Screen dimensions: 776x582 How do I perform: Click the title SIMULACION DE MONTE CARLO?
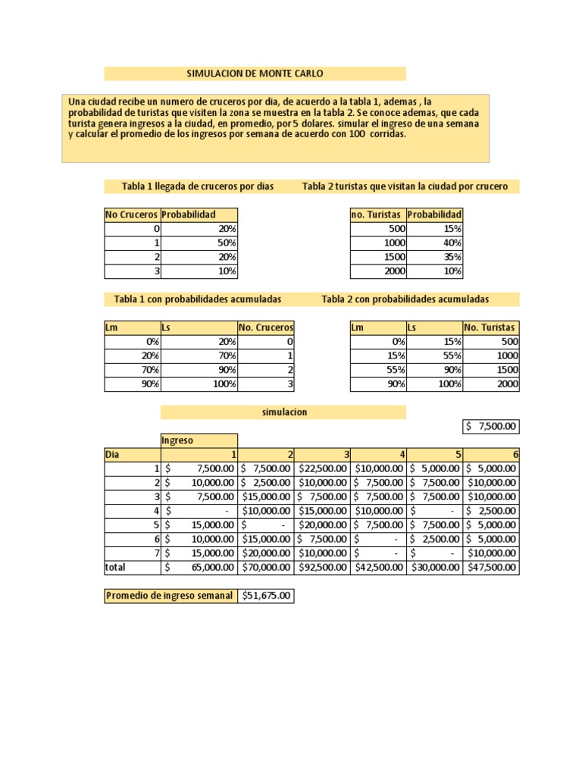pos(255,74)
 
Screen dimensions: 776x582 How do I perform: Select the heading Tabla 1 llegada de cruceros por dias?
pos(198,186)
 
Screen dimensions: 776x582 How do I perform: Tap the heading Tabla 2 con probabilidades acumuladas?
pos(405,299)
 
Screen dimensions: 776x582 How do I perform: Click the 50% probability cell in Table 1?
pos(199,243)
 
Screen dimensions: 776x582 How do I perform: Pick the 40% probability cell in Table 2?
pos(434,243)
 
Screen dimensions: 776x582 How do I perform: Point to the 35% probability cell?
pos(434,257)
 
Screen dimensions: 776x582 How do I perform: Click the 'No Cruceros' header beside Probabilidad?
pos(132,214)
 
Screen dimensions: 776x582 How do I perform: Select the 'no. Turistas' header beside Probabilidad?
pos(377,214)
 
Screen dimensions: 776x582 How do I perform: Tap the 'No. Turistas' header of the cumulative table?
pos(491,327)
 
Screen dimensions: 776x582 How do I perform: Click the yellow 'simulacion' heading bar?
pos(283,412)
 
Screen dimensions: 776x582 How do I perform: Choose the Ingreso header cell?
pos(199,440)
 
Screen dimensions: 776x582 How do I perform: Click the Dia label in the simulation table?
pos(132,455)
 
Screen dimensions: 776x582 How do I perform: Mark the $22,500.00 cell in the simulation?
pos(322,468)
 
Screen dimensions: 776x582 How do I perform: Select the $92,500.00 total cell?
pos(322,567)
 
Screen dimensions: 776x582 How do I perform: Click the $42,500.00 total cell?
pos(378,567)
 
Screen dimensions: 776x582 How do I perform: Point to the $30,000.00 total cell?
pos(434,567)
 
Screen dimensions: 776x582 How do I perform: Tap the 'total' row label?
pos(132,567)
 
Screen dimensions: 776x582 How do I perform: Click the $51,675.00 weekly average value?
pos(266,596)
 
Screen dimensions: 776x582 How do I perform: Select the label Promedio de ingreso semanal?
pos(171,596)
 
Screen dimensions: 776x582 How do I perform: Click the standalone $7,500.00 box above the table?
pos(491,427)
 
